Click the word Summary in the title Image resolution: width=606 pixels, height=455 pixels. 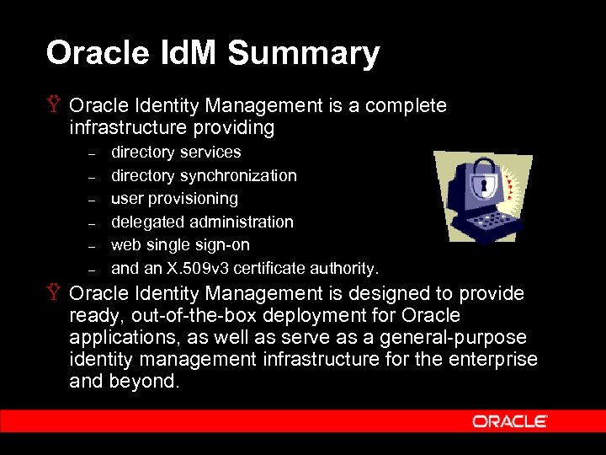pos(304,53)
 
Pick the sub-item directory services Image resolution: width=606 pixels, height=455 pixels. pos(176,153)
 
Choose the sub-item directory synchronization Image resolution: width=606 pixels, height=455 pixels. pos(204,176)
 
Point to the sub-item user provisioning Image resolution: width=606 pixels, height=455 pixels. pos(174,199)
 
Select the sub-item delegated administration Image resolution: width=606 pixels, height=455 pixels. pos(202,222)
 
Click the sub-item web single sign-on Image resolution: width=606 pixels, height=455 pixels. pos(180,245)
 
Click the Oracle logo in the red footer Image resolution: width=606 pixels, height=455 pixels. pos(510,421)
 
